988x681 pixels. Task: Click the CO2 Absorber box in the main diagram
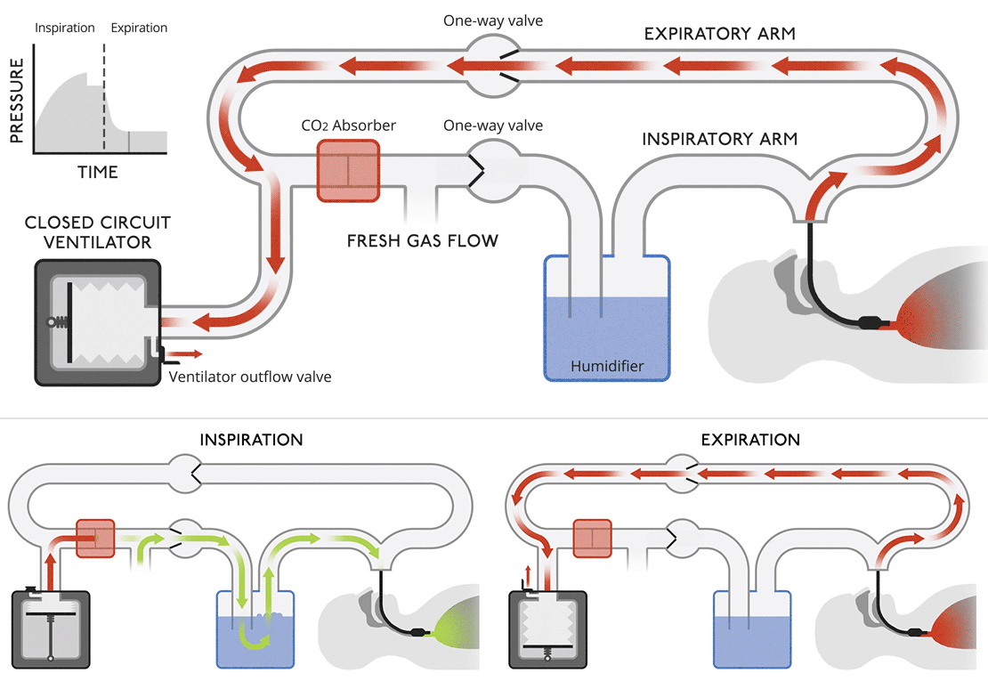[348, 169]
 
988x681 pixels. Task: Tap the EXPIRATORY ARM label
[719, 34]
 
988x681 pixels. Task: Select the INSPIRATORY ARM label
[719, 139]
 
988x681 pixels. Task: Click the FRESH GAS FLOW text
[423, 240]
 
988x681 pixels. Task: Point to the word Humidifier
[607, 365]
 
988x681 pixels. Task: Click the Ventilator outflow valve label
[249, 377]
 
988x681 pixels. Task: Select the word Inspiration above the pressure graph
[65, 28]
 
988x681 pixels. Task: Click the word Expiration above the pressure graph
[139, 28]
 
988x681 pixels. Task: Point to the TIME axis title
[98, 172]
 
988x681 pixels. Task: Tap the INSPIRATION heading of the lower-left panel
[251, 440]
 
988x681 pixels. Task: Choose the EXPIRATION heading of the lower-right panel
[750, 440]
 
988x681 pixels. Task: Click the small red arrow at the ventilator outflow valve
[185, 353]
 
